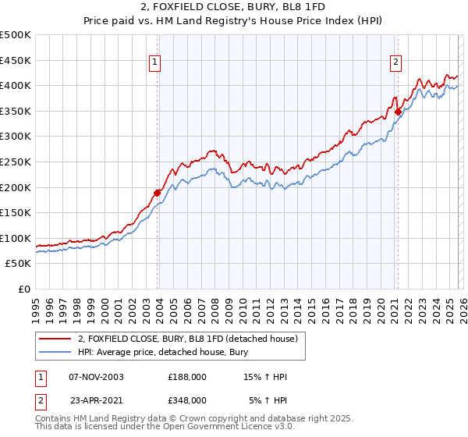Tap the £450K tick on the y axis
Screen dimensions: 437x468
[x=16, y=60]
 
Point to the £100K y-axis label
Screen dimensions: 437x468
[x=16, y=238]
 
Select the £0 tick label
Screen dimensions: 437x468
[x=24, y=289]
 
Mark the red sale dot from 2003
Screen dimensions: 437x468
[x=157, y=193]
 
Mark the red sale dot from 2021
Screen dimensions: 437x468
[x=398, y=112]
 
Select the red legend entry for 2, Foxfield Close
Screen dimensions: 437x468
[x=187, y=339]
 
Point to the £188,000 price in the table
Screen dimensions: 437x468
[x=186, y=377]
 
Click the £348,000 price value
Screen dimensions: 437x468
[x=186, y=400]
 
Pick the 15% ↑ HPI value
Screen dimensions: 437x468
[x=266, y=377]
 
